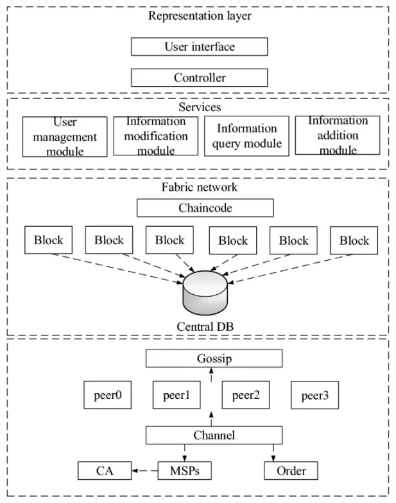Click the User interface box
199,46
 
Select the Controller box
199,78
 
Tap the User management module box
64,137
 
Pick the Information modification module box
155,136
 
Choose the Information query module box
246,136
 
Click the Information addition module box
337,135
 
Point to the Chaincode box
205,207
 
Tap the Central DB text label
205,326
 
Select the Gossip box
214,358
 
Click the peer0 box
107,395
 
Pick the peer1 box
176,395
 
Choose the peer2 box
245,395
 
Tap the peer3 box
314,395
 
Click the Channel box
214,436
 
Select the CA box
105,471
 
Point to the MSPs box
184,471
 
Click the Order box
291,471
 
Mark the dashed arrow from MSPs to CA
144,471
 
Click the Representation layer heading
200,15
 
